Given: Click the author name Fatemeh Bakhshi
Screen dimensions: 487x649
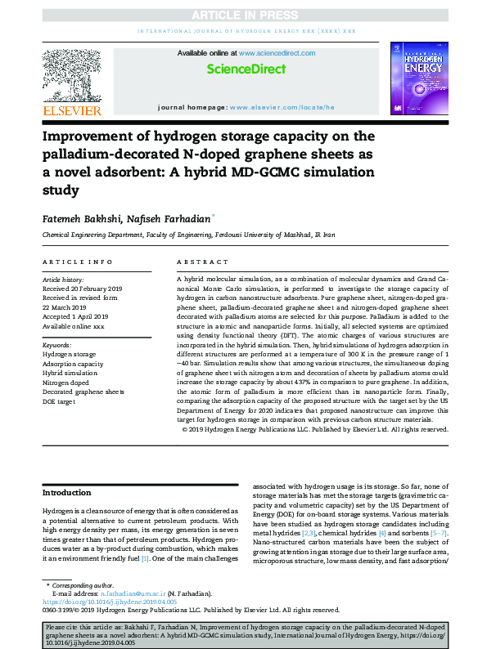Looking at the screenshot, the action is pos(77,218).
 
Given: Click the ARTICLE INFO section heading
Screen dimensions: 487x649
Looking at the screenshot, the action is pos(78,262).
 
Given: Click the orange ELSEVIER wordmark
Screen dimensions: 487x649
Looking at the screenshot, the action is pos(72,110).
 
